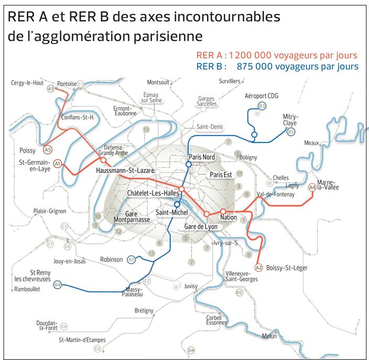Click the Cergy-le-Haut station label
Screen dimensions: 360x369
point(27,83)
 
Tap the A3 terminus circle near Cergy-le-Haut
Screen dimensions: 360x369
point(51,89)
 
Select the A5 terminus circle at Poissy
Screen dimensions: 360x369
point(47,149)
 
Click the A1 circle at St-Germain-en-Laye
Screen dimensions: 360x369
point(58,163)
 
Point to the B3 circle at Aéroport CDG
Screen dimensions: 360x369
point(262,106)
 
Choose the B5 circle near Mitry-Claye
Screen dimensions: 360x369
point(290,132)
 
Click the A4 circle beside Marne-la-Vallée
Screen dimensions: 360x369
point(312,187)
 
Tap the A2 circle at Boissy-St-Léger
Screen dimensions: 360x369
point(258,268)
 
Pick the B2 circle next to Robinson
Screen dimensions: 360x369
point(132,259)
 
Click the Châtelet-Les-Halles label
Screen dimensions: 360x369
point(153,193)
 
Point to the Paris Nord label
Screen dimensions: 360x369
point(202,157)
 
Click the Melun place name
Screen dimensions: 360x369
point(269,336)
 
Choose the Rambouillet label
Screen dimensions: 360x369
point(27,289)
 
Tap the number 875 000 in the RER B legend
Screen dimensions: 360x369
point(259,67)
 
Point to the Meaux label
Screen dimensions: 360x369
point(312,143)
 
